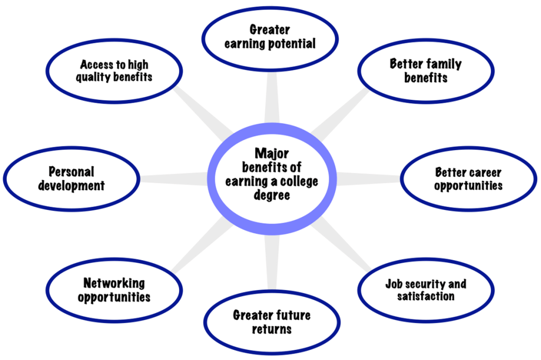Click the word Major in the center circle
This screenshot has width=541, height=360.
tap(272, 153)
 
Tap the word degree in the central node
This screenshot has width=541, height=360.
tap(272, 195)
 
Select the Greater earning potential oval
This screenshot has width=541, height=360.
tap(269, 36)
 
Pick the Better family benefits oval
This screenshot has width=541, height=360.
tap(425, 71)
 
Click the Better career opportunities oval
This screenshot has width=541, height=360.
tap(468, 179)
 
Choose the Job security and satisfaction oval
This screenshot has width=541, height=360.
tap(425, 290)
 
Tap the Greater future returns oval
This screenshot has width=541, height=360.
tap(272, 322)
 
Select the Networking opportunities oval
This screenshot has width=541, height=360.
tap(114, 290)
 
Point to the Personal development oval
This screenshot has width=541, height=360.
tap(71, 179)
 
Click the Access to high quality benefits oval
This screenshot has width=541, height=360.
tap(114, 71)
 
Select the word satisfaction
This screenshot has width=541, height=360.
tap(425, 296)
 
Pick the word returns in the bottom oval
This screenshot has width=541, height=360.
tap(272, 329)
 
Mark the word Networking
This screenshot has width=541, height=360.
tap(114, 283)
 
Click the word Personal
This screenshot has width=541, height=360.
tap(71, 172)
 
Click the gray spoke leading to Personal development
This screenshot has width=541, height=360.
tap(174, 179)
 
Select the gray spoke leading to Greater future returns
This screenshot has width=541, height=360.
tap(271, 264)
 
